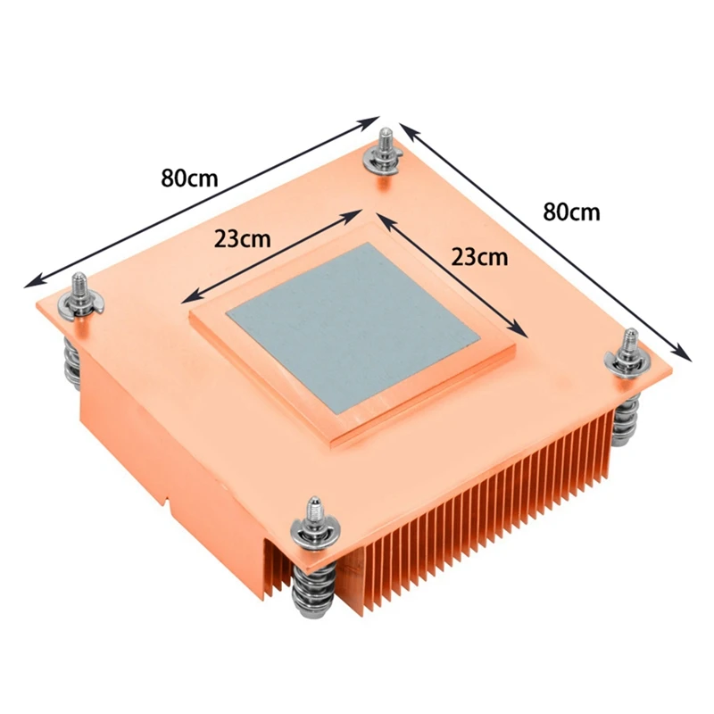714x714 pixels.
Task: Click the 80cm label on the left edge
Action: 189,177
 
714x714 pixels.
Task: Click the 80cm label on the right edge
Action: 571,212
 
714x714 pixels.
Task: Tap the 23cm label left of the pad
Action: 242,239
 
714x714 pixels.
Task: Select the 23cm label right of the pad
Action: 479,257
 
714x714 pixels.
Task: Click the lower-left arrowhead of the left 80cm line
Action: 27,284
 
